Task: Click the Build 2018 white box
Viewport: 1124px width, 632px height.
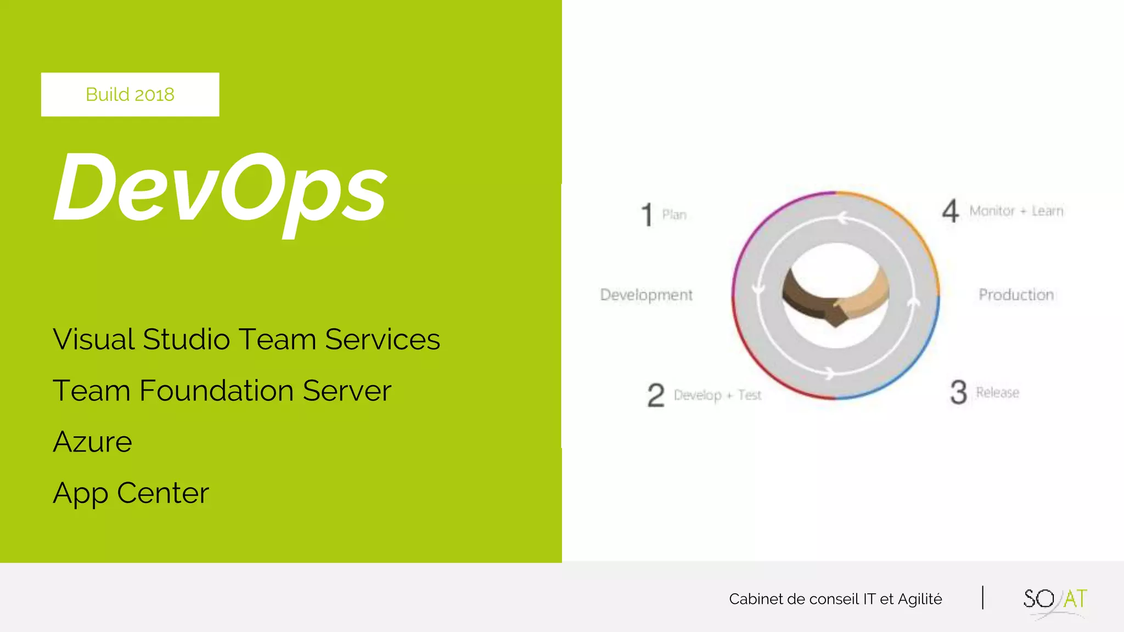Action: coord(130,94)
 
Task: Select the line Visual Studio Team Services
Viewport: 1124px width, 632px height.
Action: coord(246,339)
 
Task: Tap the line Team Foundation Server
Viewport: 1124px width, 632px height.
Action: coord(222,391)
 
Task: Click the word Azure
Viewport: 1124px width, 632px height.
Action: coord(92,442)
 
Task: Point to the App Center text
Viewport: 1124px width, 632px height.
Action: coord(131,493)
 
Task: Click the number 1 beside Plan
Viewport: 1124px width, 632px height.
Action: coord(647,215)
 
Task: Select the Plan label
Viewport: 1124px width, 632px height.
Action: coord(674,215)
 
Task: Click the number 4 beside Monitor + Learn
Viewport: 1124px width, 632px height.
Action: coord(951,211)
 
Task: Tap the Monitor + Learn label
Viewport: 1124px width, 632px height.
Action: coord(1016,211)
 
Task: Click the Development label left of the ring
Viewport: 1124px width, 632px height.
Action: coord(646,295)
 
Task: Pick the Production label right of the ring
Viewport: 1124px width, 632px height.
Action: coord(1016,295)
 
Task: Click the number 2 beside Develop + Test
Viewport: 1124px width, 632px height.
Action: coord(656,395)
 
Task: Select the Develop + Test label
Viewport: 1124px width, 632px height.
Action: coord(717,395)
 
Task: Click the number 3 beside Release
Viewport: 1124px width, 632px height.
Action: coord(958,392)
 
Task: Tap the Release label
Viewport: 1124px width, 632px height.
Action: coord(997,393)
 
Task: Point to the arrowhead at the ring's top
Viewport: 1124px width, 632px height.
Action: coord(842,219)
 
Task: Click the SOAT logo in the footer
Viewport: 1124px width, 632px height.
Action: coord(1054,600)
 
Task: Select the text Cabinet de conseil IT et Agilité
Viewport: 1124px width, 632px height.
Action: coord(835,599)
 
